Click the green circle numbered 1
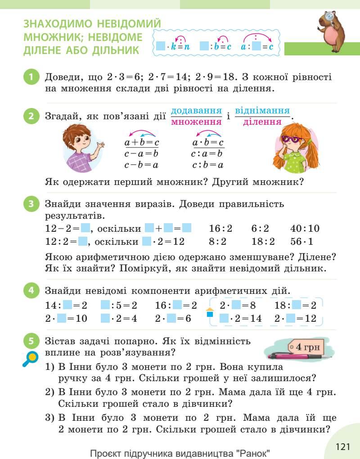click(x=31, y=77)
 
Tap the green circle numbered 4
click(x=31, y=290)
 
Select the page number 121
click(x=342, y=446)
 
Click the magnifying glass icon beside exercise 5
click(x=30, y=359)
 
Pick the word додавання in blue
click(x=197, y=111)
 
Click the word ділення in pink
click(x=262, y=121)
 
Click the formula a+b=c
click(x=142, y=143)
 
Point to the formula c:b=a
click(x=207, y=165)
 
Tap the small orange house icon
click(x=209, y=310)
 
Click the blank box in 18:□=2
click(x=296, y=306)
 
